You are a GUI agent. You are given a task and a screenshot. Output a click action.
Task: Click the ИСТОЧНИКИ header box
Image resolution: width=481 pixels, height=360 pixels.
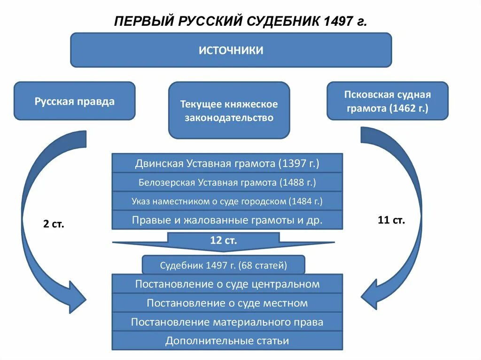(231, 50)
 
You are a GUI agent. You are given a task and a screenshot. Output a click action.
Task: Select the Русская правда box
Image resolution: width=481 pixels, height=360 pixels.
(74, 101)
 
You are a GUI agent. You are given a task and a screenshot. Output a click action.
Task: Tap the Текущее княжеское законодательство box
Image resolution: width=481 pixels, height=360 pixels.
(229, 110)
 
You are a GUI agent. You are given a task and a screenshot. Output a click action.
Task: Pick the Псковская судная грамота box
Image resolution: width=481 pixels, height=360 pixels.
(387, 101)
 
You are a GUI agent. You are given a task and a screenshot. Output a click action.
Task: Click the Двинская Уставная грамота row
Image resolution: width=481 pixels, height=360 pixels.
(227, 163)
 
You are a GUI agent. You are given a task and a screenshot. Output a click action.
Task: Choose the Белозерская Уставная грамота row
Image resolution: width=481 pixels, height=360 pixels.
(227, 182)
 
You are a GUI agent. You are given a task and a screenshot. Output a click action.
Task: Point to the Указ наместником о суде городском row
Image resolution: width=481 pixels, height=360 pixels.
(227, 201)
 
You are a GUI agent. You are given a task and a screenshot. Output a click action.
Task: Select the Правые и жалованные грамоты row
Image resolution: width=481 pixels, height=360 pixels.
(227, 220)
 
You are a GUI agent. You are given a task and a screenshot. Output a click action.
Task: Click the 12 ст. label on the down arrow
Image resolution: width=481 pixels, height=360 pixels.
(223, 241)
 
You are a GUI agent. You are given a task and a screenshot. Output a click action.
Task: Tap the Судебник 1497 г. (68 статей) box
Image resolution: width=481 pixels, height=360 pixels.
(223, 265)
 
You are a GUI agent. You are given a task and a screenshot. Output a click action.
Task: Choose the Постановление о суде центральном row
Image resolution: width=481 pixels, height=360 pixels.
(227, 284)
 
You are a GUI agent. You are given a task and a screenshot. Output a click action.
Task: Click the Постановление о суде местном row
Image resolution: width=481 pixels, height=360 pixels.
(227, 303)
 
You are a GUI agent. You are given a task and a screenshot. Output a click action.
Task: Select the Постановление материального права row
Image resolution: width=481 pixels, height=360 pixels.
(227, 322)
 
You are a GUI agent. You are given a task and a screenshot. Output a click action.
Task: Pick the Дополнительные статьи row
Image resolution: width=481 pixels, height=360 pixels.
(227, 341)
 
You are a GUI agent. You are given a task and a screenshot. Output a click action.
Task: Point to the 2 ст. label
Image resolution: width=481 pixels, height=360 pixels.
(54, 224)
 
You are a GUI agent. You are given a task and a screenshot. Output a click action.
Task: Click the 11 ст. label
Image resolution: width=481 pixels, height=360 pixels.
(391, 220)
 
